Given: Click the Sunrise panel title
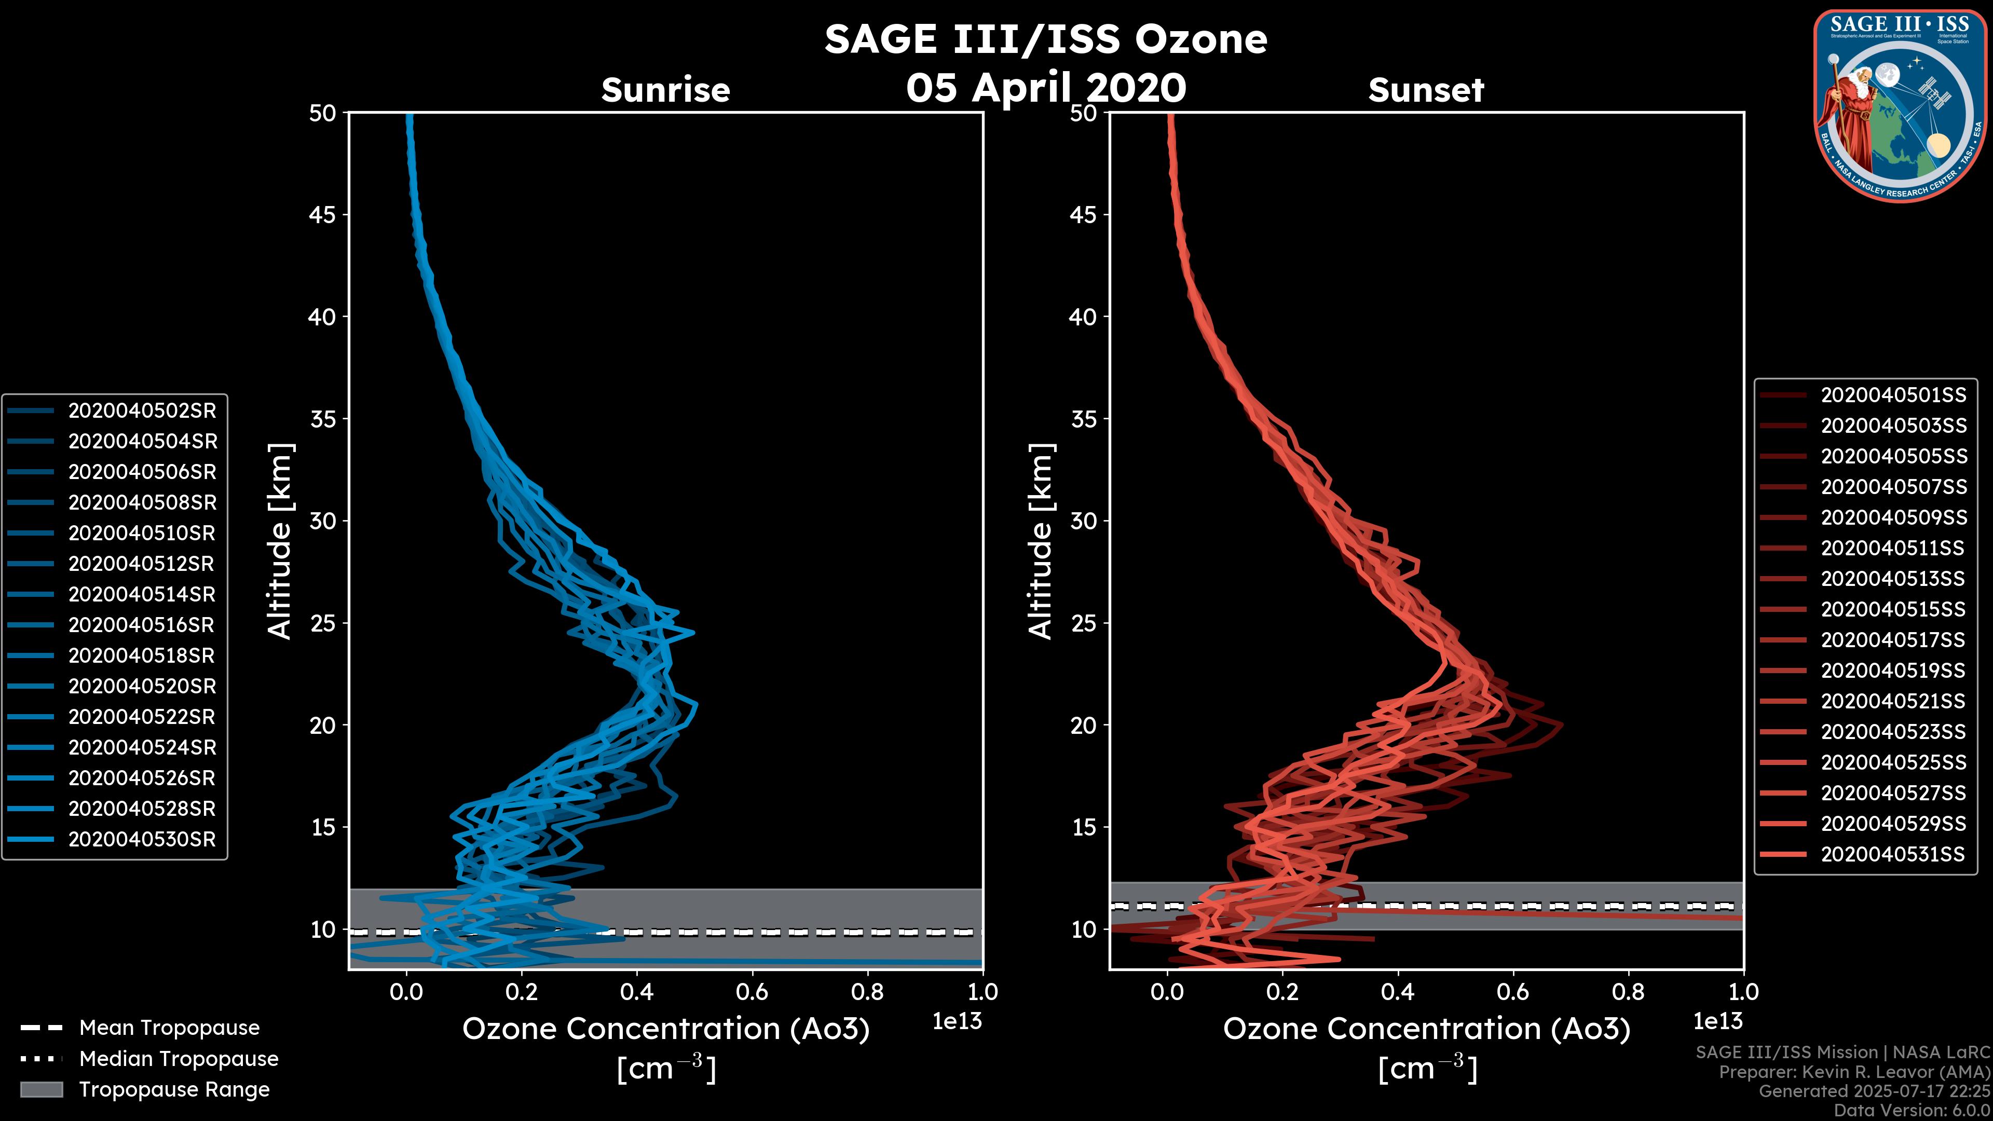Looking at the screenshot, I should (665, 90).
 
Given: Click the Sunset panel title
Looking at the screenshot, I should (1426, 90).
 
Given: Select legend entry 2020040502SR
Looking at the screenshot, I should (142, 411).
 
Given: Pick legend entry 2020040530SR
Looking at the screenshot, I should (142, 839).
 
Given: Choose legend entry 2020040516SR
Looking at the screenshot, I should (142, 625).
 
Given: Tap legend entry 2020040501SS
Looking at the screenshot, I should (1893, 395).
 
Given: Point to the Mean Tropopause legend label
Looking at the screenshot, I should (169, 1028).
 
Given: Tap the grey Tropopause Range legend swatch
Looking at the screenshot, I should (41, 1089).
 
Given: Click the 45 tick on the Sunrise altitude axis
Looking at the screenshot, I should (323, 214).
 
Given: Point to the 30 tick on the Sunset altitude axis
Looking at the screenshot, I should (1083, 521).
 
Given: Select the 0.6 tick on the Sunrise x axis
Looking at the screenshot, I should (752, 991).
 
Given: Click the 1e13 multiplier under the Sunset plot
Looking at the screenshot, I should (1717, 1021).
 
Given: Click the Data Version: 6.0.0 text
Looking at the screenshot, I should (1911, 1110).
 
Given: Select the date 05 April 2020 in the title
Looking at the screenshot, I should (1045, 87).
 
